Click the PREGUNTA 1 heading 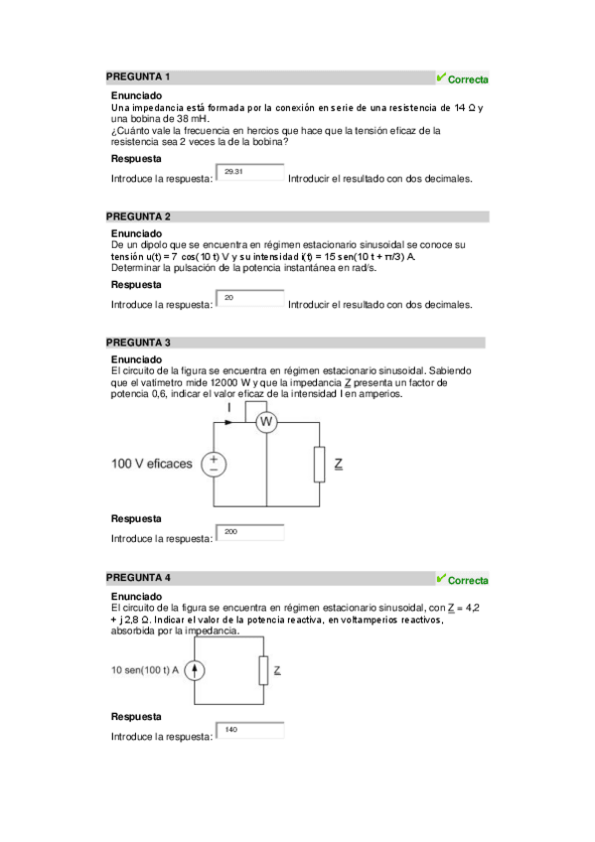[138, 76]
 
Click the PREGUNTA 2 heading [138, 215]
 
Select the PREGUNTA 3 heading [138, 342]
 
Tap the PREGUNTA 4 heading [138, 577]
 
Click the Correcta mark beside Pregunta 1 [462, 78]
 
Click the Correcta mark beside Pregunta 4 [462, 579]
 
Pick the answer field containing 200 [250, 533]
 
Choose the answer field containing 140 [250, 731]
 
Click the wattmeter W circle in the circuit [266, 423]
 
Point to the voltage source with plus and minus [214, 464]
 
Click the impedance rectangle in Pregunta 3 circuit [319, 464]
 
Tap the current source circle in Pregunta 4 [196, 670]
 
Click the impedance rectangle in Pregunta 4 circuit [263, 670]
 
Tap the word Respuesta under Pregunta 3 [136, 518]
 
